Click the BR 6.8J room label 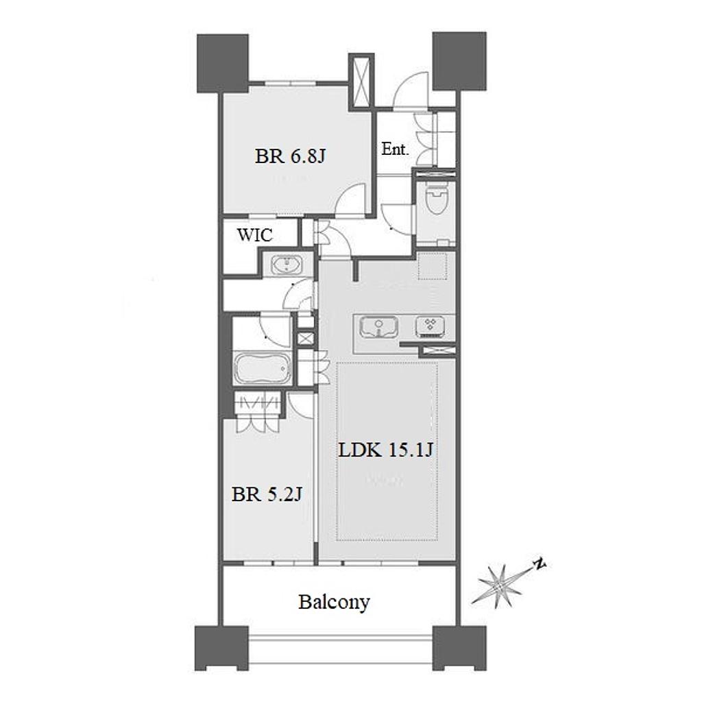[x=290, y=157]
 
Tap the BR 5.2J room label [x=267, y=494]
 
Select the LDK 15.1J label [x=385, y=450]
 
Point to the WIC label [x=255, y=235]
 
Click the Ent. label [x=396, y=149]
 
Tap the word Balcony [x=334, y=603]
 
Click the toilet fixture [x=436, y=199]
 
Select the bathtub [x=263, y=368]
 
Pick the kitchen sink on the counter [x=378, y=326]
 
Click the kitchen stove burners [x=431, y=326]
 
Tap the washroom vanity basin [x=287, y=265]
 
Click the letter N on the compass [x=540, y=564]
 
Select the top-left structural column [x=223, y=63]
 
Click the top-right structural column [x=459, y=60]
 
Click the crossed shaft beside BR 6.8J [x=361, y=81]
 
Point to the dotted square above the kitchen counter [x=433, y=265]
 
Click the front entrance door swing [x=411, y=90]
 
